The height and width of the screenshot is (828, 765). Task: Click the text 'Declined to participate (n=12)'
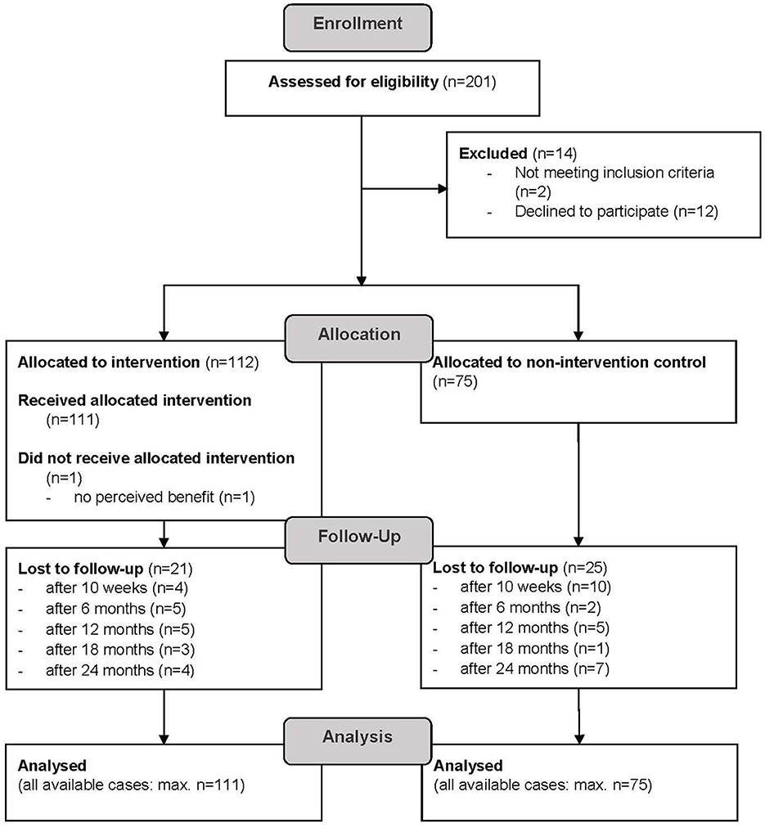point(616,212)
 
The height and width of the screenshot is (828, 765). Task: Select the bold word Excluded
point(493,153)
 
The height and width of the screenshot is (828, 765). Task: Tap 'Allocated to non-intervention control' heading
point(569,361)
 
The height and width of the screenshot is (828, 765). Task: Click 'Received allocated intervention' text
point(134,401)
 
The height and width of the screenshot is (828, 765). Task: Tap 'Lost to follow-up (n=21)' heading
point(104,567)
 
